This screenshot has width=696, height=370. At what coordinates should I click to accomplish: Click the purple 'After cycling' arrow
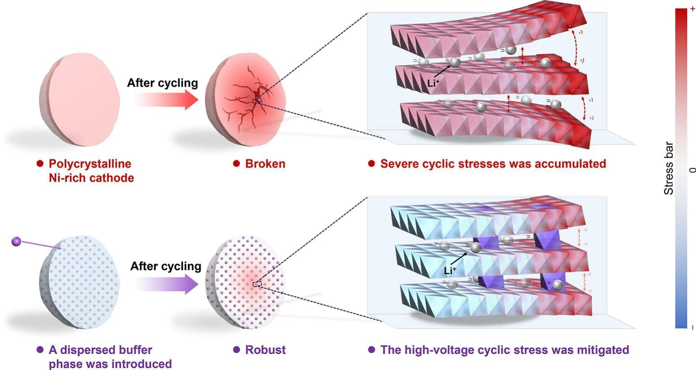coord(167,285)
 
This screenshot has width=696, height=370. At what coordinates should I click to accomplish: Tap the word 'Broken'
coord(265,164)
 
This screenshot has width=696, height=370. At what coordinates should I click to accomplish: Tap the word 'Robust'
coord(265,350)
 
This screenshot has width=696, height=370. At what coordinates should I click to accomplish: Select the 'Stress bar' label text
coord(668,168)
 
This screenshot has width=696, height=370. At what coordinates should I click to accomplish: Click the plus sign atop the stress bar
coord(693,9)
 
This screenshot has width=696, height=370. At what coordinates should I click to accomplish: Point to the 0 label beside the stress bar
coord(693,170)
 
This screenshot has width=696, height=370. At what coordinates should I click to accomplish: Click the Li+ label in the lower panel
coord(450,271)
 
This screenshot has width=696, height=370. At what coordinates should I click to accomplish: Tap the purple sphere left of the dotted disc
coord(16,241)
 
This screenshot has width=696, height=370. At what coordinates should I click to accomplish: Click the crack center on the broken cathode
coord(257,100)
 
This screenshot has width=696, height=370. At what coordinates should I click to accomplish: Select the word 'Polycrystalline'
coord(90,164)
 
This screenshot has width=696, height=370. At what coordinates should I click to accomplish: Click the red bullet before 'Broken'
coord(236,164)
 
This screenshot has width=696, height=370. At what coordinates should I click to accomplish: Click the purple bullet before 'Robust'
coord(236,350)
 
